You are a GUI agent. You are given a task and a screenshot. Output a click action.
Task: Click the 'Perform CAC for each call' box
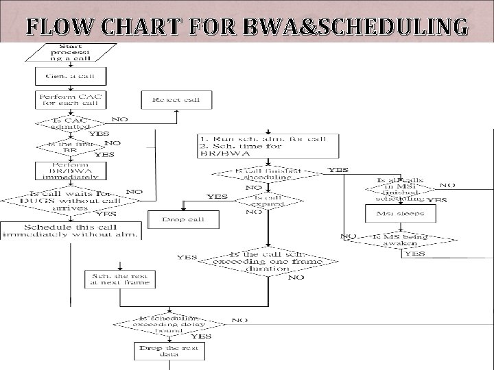coord(69,100)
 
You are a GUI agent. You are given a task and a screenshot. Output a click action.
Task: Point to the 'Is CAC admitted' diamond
coord(71,123)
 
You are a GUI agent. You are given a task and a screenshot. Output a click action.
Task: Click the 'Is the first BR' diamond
coord(70,147)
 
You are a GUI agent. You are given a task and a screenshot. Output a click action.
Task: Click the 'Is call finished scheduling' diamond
coord(263,175)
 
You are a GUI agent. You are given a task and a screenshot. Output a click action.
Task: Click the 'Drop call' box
coord(182,220)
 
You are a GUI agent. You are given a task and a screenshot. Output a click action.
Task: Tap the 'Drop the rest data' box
coord(167,350)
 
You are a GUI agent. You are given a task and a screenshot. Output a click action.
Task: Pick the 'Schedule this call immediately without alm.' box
coord(71,231)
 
